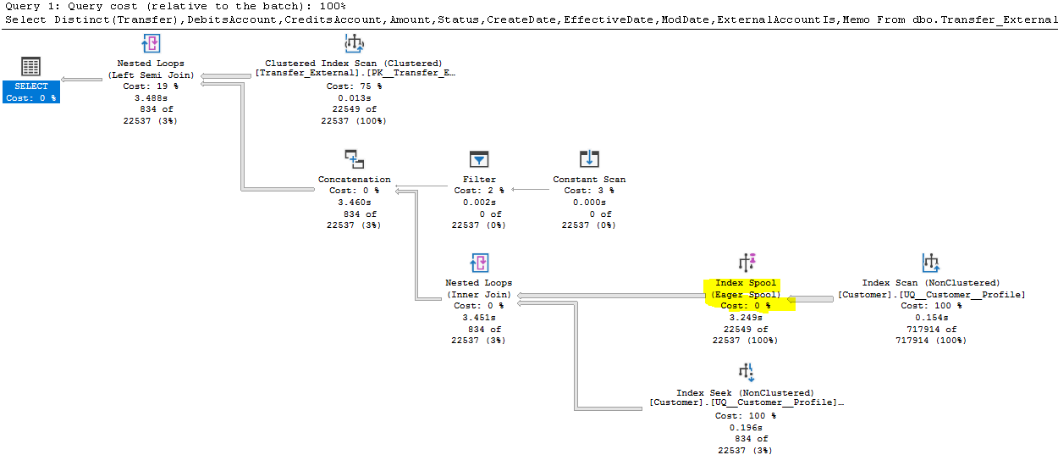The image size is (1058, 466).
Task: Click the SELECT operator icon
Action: (30, 67)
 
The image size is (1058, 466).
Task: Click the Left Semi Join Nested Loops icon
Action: (151, 44)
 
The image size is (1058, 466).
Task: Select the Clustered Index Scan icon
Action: (353, 44)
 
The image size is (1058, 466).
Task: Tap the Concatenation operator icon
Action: (354, 159)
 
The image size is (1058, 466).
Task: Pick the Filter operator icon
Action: (479, 159)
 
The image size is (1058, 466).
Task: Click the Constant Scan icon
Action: (589, 159)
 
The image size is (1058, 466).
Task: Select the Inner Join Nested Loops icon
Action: (479, 263)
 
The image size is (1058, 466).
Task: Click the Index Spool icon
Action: (746, 263)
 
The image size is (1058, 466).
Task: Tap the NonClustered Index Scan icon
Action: (931, 263)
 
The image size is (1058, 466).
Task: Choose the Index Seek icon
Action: (746, 372)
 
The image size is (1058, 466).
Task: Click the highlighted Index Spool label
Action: (746, 289)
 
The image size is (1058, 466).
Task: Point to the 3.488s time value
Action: (151, 98)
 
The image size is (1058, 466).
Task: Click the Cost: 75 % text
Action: (353, 86)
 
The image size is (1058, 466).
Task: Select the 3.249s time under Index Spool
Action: (746, 318)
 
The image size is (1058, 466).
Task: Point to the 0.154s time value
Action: (931, 318)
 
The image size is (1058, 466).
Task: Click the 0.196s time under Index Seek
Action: (746, 427)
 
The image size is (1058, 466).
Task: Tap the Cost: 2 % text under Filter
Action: (479, 191)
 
